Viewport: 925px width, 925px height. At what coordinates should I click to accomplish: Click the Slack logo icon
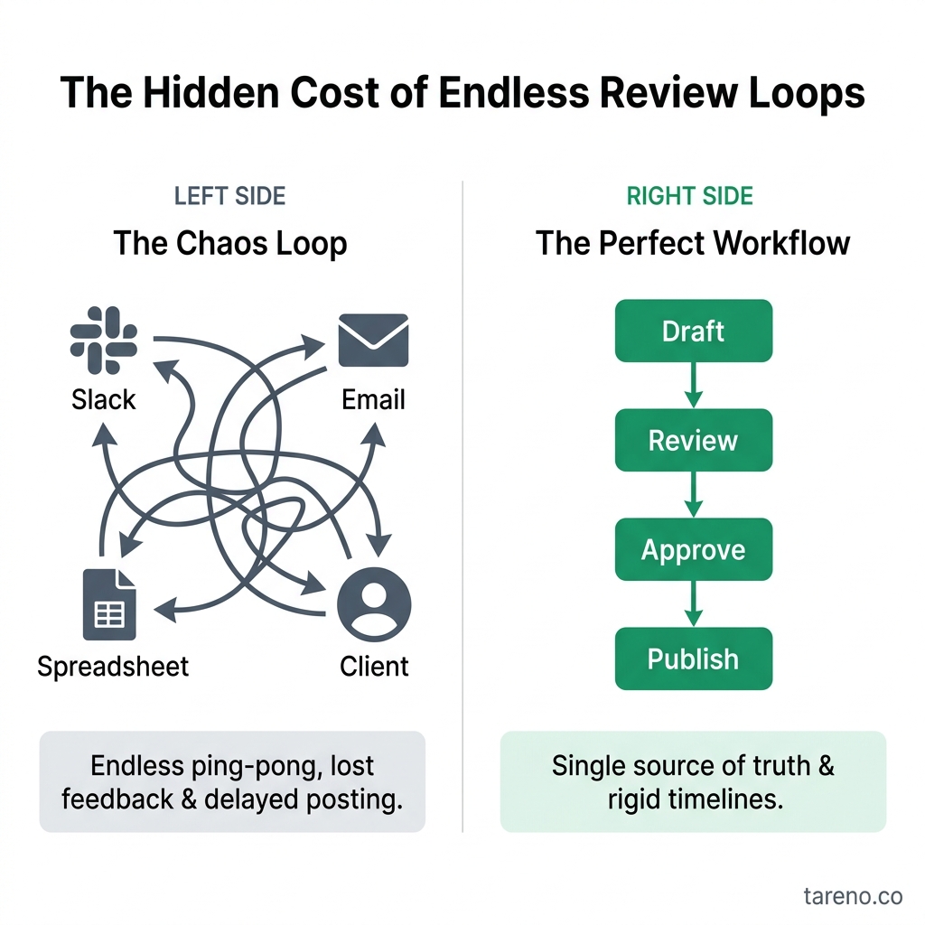[104, 341]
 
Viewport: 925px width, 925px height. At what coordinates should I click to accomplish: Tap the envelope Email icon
[373, 341]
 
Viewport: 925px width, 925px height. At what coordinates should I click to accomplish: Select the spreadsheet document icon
[108, 604]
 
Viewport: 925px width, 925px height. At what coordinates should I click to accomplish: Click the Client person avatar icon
[374, 604]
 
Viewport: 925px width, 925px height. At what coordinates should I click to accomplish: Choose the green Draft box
[694, 332]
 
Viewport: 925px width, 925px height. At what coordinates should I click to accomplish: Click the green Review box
[694, 441]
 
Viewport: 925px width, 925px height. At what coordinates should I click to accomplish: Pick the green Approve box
[694, 550]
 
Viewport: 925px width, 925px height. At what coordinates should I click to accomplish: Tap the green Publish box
[694, 659]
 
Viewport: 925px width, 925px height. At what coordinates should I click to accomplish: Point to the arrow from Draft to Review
[694, 386]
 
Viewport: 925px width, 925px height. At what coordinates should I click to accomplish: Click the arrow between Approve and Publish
[694, 604]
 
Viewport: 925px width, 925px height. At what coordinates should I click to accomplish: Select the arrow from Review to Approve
[694, 495]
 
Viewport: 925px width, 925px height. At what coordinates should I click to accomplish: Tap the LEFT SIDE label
[229, 196]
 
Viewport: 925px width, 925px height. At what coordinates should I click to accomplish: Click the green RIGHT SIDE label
[690, 196]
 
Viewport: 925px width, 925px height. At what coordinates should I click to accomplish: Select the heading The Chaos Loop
[230, 244]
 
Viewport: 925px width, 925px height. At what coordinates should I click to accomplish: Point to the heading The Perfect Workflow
[693, 244]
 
